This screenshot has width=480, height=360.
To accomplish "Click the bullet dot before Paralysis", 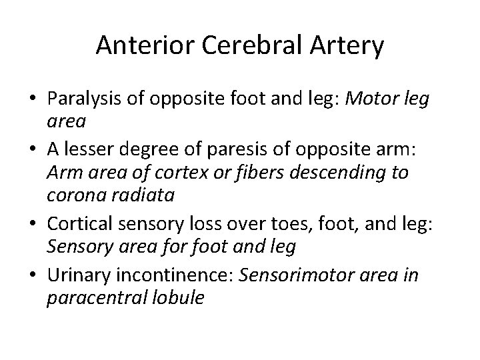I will [x=31, y=101].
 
